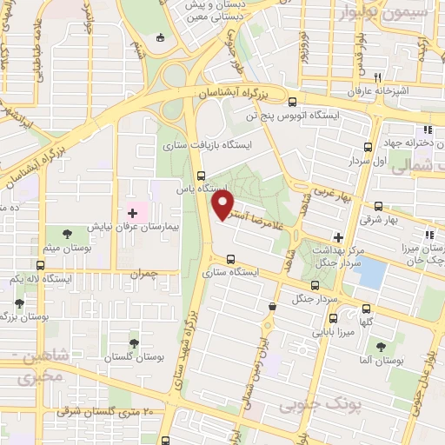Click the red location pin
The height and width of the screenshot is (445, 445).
223,203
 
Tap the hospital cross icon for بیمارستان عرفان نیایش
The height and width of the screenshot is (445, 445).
132,212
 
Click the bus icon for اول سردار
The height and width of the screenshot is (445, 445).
369,147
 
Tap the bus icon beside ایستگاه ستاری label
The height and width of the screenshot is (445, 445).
229,258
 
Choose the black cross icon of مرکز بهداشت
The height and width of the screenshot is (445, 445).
338,236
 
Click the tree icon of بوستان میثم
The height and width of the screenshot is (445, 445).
66,233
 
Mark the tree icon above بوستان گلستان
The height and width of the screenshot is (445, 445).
134,343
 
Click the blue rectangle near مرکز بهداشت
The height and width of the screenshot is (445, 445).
372,274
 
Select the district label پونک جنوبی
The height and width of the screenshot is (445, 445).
311,406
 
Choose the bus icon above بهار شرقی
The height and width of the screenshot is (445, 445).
378,207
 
